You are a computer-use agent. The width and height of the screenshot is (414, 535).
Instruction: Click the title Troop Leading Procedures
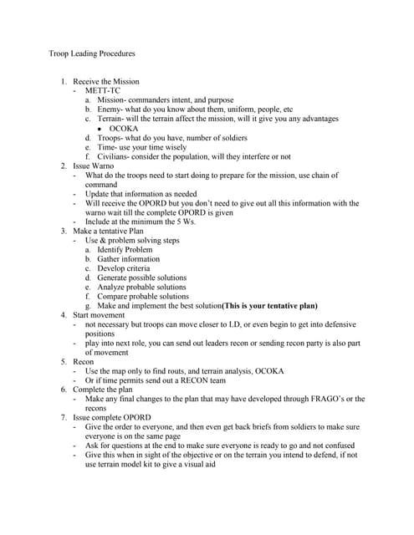[x=92, y=53]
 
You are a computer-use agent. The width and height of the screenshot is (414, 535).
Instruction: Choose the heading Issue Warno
[x=94, y=166]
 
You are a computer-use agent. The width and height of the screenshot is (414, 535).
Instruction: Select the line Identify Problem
[x=125, y=249]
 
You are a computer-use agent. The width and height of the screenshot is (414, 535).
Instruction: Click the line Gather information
[x=128, y=258]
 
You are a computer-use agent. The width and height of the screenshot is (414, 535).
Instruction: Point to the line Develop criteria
[x=124, y=268]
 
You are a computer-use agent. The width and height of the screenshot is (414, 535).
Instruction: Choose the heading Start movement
[x=101, y=315]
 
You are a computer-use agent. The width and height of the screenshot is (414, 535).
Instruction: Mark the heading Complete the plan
[x=105, y=390]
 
